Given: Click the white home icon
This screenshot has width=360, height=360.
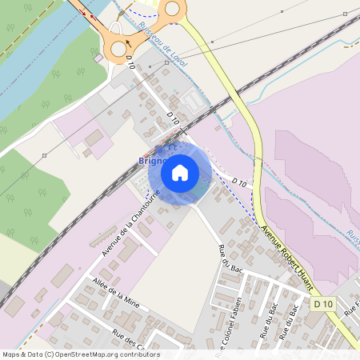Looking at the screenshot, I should (x=180, y=172).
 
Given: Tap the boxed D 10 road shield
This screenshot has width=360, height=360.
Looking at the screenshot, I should (x=322, y=305).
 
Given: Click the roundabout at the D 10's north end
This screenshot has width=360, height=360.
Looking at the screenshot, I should (x=118, y=49).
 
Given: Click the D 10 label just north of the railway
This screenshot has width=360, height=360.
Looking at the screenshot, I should (x=174, y=118).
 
